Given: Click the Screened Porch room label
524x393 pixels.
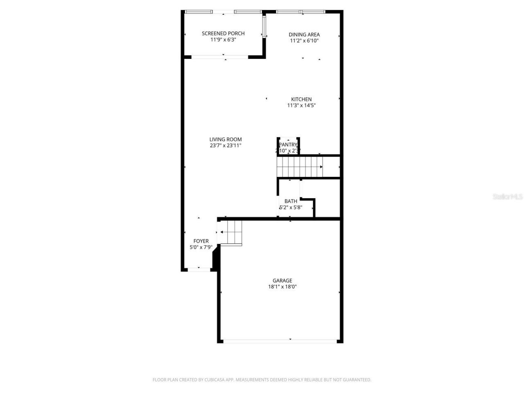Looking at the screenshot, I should coord(223,34).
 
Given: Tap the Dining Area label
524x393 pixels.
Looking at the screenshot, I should coord(304,35).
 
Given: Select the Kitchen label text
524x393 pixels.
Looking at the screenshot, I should coord(301,99).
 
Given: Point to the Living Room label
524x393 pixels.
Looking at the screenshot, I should coord(226,139).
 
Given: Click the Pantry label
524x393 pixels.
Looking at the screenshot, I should coord(288,145).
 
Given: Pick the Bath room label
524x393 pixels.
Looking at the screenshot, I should coord(291,201).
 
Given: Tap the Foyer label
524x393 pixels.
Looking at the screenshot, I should coord(201,241).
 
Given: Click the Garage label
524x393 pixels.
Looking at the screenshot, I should coord(282,280).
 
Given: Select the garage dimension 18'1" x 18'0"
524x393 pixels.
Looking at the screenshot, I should coord(282,287).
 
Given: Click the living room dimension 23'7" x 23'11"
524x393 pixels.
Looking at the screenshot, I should coord(226,146).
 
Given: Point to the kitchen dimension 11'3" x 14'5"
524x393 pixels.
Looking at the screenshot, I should coord(301,106).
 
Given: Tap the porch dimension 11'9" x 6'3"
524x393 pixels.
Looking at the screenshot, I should coord(223,40).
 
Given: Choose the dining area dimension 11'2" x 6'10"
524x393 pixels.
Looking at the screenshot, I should coord(304,41).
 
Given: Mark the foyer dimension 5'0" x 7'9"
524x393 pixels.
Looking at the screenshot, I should coord(201,247).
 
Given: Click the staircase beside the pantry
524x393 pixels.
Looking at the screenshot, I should coord(299,167).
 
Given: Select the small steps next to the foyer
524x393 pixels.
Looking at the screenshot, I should coord(231,233).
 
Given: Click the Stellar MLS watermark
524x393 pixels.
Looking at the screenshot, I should coord(508,197).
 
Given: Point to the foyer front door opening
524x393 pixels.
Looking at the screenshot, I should coord(199,269).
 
